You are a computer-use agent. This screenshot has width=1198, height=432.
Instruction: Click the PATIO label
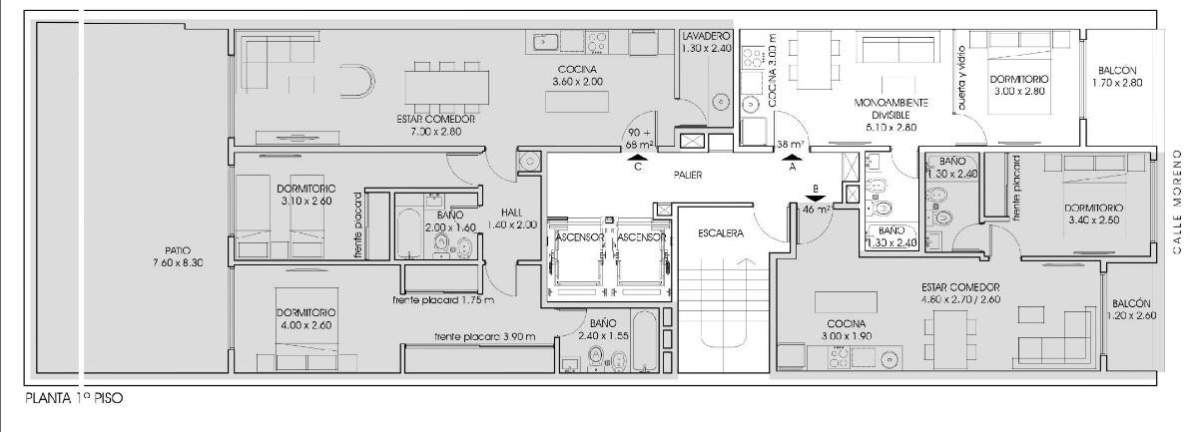pyautogui.click(x=178, y=250)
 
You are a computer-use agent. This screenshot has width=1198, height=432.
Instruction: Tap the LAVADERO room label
pyautogui.click(x=706, y=36)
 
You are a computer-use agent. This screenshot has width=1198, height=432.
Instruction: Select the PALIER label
pyautogui.click(x=688, y=175)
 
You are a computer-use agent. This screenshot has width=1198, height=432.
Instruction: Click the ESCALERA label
pyautogui.click(x=721, y=233)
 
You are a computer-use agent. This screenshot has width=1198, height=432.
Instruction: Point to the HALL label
pyautogui.click(x=512, y=213)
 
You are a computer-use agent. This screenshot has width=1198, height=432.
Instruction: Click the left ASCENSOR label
pyautogui.click(x=579, y=236)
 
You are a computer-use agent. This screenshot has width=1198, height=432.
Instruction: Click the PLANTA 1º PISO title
pyautogui.click(x=74, y=398)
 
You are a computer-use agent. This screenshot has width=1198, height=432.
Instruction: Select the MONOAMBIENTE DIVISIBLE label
pyautogui.click(x=891, y=109)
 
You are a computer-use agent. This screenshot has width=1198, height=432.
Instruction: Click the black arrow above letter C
pyautogui.click(x=637, y=158)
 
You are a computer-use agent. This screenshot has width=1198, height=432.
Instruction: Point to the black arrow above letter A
pyautogui.click(x=792, y=158)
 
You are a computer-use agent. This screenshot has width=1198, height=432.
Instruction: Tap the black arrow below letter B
pyautogui.click(x=815, y=199)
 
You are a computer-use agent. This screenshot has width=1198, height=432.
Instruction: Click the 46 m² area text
pyautogui.click(x=817, y=210)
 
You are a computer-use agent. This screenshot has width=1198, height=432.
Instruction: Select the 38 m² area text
pyautogui.click(x=791, y=145)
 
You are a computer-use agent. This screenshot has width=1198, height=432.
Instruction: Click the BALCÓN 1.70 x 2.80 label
pyautogui.click(x=1117, y=77)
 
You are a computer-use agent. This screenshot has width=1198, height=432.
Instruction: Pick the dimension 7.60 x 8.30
pyautogui.click(x=178, y=263)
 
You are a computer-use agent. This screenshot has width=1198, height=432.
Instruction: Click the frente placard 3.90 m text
pyautogui.click(x=484, y=337)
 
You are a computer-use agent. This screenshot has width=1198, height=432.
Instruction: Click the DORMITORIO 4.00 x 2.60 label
pyautogui.click(x=305, y=318)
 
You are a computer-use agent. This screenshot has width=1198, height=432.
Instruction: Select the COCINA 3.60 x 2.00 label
pyautogui.click(x=577, y=76)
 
